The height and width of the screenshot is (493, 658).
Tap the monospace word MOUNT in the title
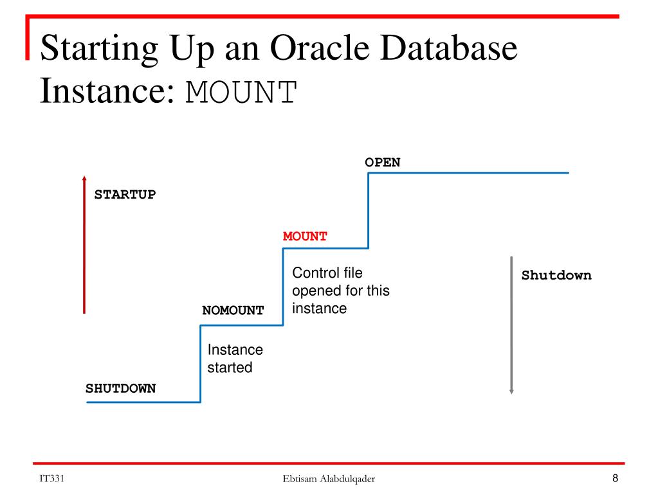click(241, 93)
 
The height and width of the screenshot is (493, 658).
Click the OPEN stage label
click(382, 163)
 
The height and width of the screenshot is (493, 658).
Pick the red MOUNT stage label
click(305, 237)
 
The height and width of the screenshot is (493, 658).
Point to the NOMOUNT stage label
click(233, 310)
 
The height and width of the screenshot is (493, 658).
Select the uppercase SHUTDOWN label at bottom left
click(120, 388)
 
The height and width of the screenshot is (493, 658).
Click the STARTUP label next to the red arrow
click(125, 195)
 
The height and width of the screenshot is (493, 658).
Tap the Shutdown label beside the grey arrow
click(556, 275)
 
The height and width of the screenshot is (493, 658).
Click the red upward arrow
click(84, 244)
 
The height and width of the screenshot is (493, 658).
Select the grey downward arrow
click(511, 325)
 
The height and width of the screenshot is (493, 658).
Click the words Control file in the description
click(327, 273)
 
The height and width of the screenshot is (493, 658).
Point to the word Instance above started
click(235, 350)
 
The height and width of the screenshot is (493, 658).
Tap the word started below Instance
click(230, 368)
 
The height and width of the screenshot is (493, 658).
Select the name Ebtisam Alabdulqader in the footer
click(329, 479)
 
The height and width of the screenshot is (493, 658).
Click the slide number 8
click(615, 478)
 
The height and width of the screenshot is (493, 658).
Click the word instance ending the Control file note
click(319, 309)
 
